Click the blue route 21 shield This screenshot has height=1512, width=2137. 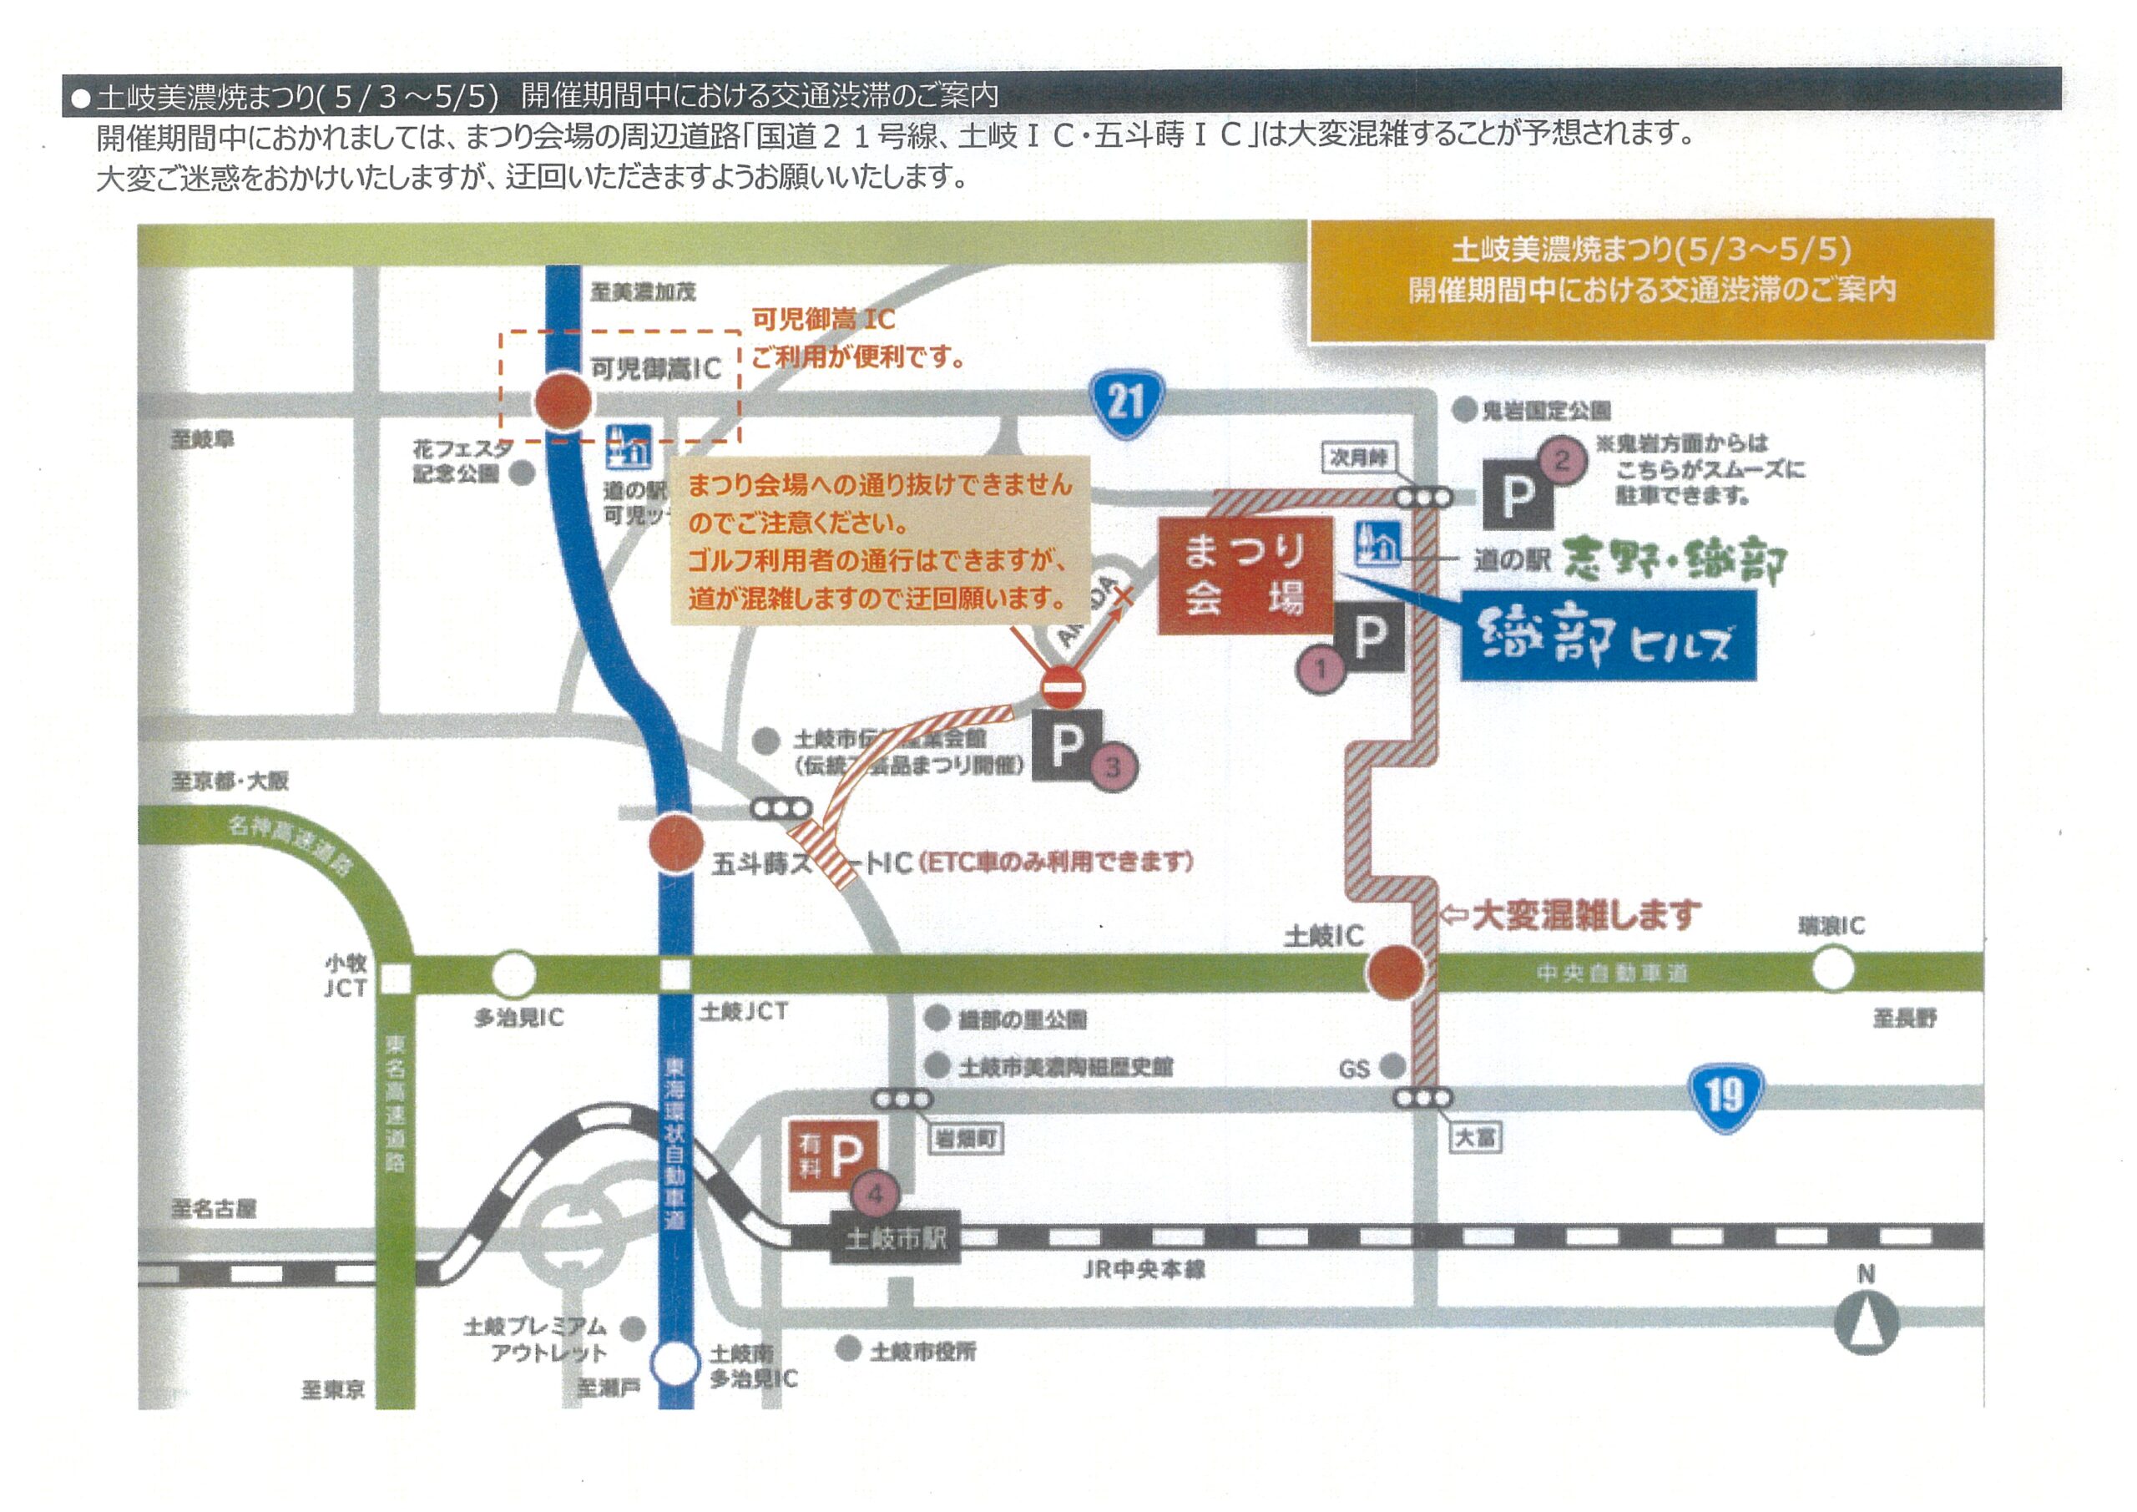click(x=1126, y=404)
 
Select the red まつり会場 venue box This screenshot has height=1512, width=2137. click(x=1245, y=575)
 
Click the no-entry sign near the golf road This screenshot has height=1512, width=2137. click(x=1062, y=688)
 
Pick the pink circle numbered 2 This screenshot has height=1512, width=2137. click(x=1561, y=460)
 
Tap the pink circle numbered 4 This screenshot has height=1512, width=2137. click(x=875, y=1195)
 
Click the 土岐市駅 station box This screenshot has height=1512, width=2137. click(x=894, y=1238)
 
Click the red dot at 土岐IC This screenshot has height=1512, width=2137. click(x=1394, y=971)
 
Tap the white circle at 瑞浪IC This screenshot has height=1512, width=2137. click(x=1832, y=968)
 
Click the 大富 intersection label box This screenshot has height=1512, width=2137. click(x=1476, y=1137)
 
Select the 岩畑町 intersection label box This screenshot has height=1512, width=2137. click(x=966, y=1139)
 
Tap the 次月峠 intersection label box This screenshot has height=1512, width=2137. click(x=1358, y=458)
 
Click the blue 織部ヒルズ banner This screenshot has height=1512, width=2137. click(x=1608, y=637)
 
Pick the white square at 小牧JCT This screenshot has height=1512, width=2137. click(x=397, y=978)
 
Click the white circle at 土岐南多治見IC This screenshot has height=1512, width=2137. click(x=674, y=1364)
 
